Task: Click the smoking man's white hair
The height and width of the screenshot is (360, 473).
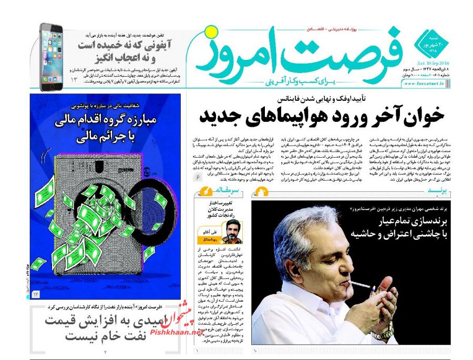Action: pos(300,231)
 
